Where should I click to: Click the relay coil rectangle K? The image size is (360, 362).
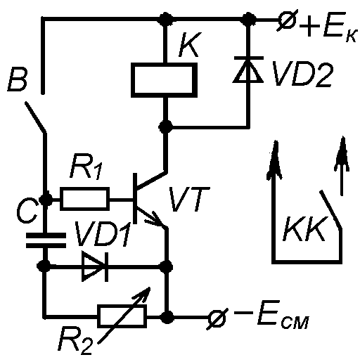164,80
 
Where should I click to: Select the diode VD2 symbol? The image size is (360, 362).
248,70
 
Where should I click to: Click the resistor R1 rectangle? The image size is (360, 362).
84,199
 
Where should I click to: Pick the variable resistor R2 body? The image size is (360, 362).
122,316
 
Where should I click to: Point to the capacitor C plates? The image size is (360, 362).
46,240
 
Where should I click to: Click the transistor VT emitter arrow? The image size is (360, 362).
153,219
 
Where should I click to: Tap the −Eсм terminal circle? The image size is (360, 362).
217,318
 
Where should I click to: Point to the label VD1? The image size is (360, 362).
103,233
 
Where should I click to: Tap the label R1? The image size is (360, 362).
86,166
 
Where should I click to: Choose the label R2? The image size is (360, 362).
75,340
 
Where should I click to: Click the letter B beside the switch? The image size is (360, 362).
18,79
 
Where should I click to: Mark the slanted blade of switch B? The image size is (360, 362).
35,117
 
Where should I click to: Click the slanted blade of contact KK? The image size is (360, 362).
330,209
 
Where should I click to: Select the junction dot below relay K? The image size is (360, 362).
166,127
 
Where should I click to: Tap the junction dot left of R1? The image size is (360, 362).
46,200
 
